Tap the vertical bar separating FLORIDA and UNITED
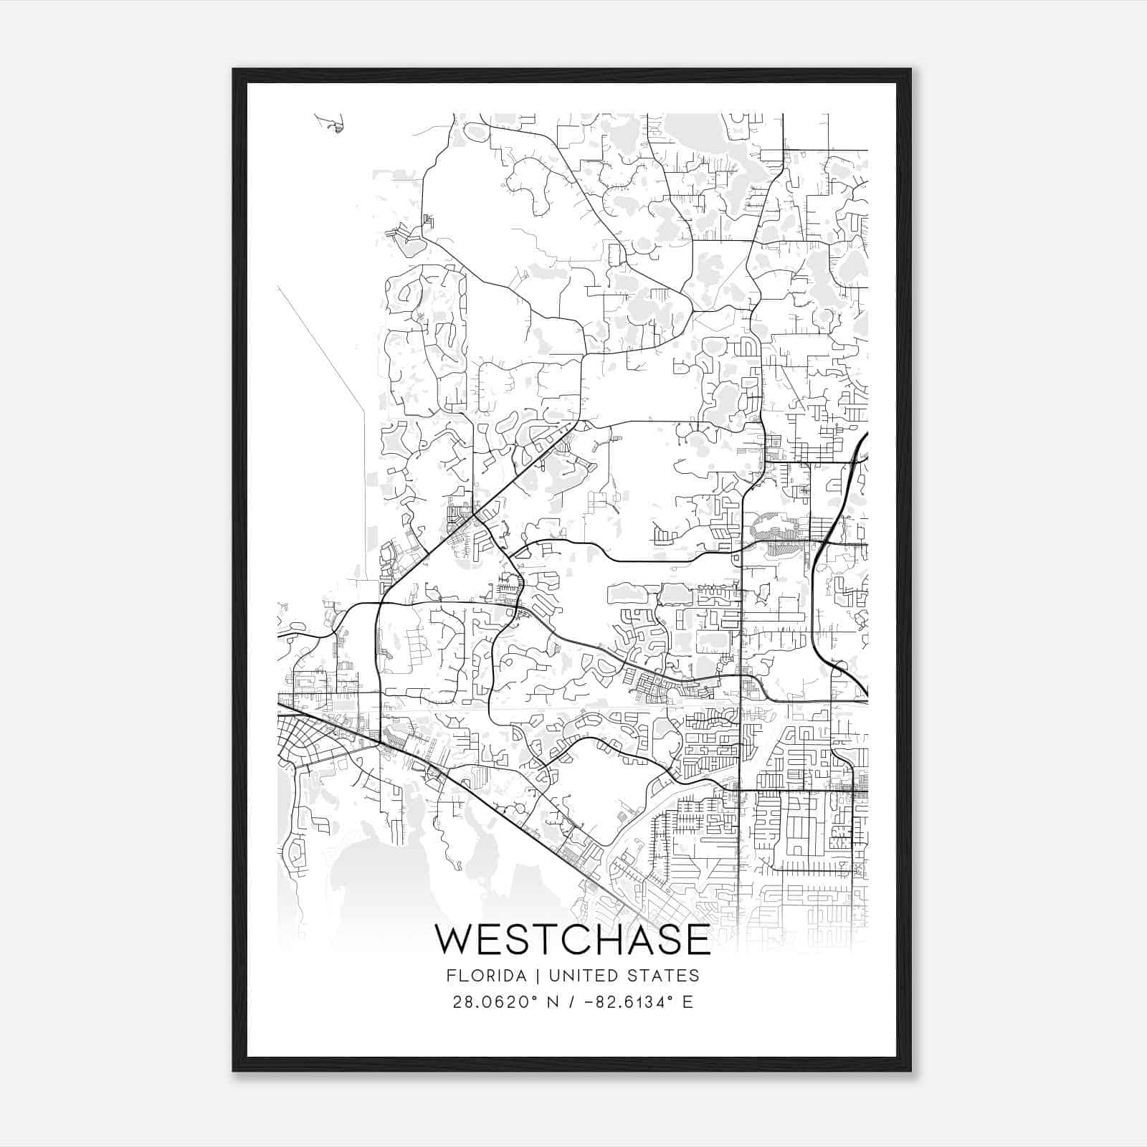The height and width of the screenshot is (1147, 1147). pyautogui.click(x=524, y=976)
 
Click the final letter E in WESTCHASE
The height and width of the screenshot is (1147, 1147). pyautogui.click(x=697, y=940)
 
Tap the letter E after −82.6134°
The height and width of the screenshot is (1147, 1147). pyautogui.click(x=687, y=1002)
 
